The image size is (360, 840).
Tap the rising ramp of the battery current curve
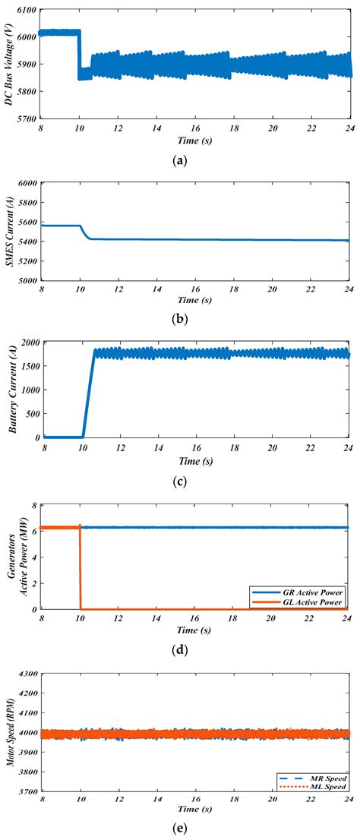[x=88, y=395]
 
